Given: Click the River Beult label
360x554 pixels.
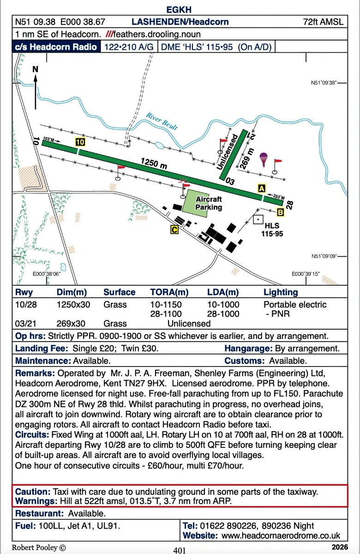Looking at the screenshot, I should tap(162, 121).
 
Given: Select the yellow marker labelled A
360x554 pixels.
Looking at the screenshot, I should tap(262, 188).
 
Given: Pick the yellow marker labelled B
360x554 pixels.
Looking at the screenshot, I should tap(280, 212).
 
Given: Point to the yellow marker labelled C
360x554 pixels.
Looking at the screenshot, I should tap(174, 229).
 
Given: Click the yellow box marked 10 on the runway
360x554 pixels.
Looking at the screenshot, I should tap(80, 142).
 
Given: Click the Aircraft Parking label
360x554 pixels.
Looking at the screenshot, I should tap(209, 203).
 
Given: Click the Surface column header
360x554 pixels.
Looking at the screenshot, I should tap(119, 292).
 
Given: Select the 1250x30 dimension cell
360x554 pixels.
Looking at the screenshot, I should tap(73, 305).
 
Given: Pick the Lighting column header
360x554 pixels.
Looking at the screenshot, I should tap(281, 292).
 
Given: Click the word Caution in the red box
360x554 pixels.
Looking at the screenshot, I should tap(32, 492).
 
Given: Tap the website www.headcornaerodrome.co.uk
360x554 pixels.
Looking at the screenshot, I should tap(281, 536).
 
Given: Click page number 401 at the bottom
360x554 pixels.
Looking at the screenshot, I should tap(180, 550).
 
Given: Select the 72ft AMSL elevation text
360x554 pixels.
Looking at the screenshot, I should tap(324, 22).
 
